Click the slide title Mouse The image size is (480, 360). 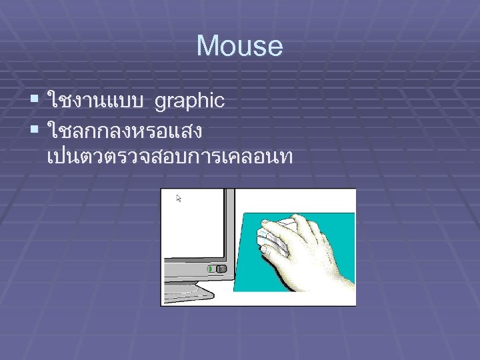(x=239, y=47)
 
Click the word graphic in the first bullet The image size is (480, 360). (x=189, y=101)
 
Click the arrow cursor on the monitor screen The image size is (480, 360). (x=179, y=198)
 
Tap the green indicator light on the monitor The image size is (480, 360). (x=211, y=269)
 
